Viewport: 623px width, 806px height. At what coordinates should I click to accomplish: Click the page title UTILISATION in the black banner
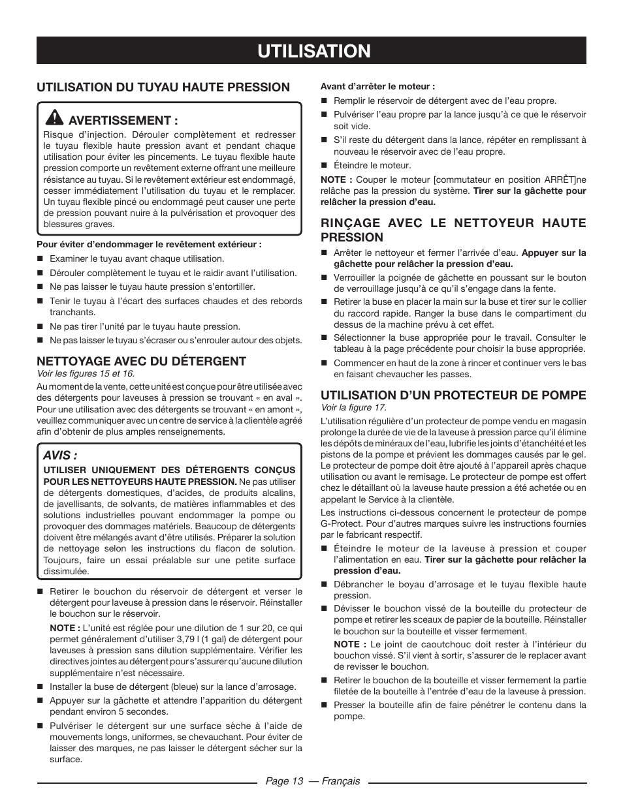click(311, 50)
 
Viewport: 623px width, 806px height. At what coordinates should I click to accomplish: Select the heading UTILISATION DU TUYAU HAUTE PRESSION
click(163, 87)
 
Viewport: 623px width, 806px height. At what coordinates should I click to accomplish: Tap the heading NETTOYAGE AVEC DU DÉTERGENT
click(141, 361)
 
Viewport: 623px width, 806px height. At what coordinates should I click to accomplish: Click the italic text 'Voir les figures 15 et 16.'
click(86, 373)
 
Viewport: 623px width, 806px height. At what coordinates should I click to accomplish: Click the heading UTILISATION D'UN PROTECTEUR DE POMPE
click(453, 395)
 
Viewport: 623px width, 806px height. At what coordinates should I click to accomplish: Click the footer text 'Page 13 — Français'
click(312, 781)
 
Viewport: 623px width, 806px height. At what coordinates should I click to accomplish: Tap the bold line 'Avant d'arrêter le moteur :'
click(377, 86)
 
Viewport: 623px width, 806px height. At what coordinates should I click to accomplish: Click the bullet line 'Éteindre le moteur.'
click(372, 166)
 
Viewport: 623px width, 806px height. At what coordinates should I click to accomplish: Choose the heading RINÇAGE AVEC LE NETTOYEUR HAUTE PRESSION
click(453, 230)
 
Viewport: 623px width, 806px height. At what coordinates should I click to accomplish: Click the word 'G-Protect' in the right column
click(341, 523)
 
